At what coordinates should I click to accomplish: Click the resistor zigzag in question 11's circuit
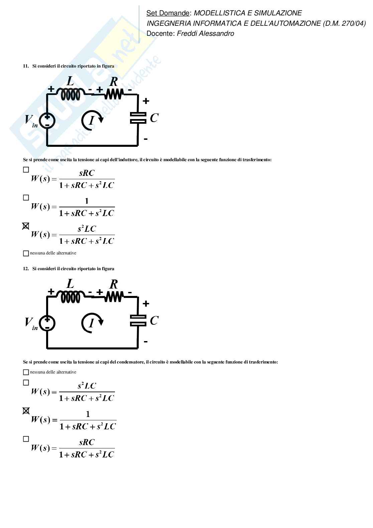[114, 94]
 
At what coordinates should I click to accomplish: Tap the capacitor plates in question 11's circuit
[138, 118]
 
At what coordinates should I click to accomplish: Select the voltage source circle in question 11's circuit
[47, 121]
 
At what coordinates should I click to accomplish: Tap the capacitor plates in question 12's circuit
[138, 320]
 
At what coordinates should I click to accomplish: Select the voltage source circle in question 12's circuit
[47, 323]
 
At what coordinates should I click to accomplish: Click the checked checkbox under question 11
[26, 226]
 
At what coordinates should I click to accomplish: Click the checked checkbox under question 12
[26, 411]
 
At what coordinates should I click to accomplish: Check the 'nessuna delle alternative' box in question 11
[26, 253]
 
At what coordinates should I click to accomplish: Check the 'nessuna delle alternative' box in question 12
[26, 372]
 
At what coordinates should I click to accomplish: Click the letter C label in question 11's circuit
[154, 118]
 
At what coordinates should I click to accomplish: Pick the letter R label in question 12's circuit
[114, 284]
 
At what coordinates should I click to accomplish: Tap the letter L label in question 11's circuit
[70, 81]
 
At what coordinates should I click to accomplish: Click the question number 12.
[26, 269]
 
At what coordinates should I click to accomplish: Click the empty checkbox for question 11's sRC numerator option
[26, 170]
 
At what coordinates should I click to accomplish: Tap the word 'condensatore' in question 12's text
[131, 362]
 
